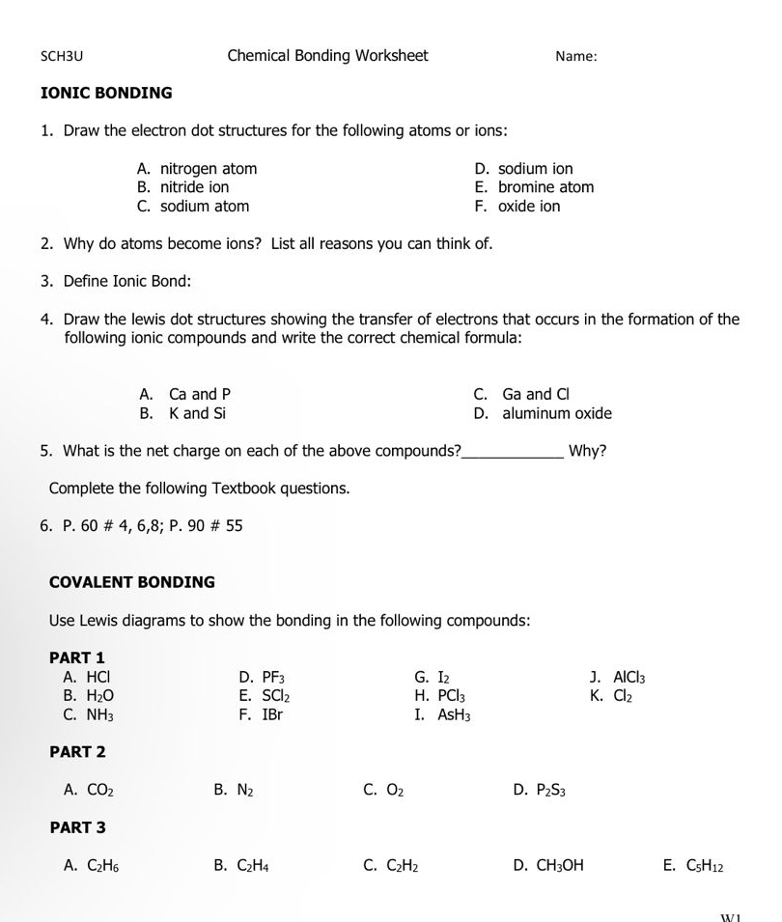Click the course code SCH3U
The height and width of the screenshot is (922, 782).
pyautogui.click(x=62, y=56)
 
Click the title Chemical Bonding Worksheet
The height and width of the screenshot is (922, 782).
pyautogui.click(x=327, y=55)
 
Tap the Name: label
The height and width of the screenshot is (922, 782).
pyautogui.click(x=576, y=56)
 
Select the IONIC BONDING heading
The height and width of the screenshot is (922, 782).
pyautogui.click(x=106, y=94)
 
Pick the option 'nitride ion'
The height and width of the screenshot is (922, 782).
pyautogui.click(x=194, y=187)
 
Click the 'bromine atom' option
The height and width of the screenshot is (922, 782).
pyautogui.click(x=545, y=187)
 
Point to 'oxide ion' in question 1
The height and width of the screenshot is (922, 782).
pyautogui.click(x=529, y=207)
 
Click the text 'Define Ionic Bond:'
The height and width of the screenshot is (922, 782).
pyautogui.click(x=127, y=282)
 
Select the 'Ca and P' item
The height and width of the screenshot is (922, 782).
pyautogui.click(x=200, y=395)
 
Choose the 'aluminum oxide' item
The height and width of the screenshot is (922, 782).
pyautogui.click(x=556, y=414)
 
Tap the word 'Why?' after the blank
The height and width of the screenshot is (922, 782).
pyautogui.click(x=588, y=451)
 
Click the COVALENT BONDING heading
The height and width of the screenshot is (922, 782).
pyautogui.click(x=132, y=582)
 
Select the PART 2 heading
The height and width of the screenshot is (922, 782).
pyautogui.click(x=77, y=752)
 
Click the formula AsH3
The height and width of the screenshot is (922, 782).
pyautogui.click(x=454, y=715)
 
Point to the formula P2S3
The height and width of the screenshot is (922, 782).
pyautogui.click(x=551, y=791)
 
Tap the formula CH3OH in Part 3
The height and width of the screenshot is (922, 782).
pyautogui.click(x=560, y=866)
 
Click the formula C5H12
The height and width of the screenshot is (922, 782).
pyautogui.click(x=705, y=866)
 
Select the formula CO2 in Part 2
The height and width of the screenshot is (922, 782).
pyautogui.click(x=100, y=791)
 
